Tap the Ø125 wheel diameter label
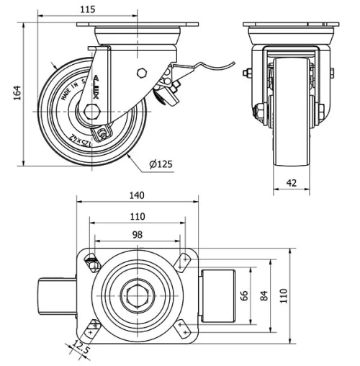[161, 164]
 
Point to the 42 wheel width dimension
[291, 184]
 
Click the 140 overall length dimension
[137, 195]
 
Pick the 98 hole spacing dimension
[137, 234]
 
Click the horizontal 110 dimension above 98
[137, 215]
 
